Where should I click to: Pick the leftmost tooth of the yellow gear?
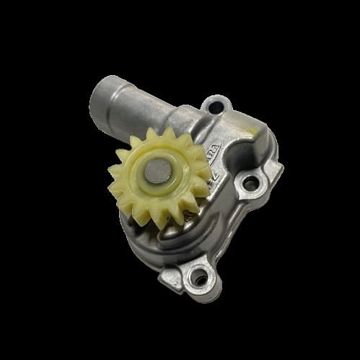[x=113, y=174]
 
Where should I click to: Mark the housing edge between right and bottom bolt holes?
[x=231, y=224]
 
